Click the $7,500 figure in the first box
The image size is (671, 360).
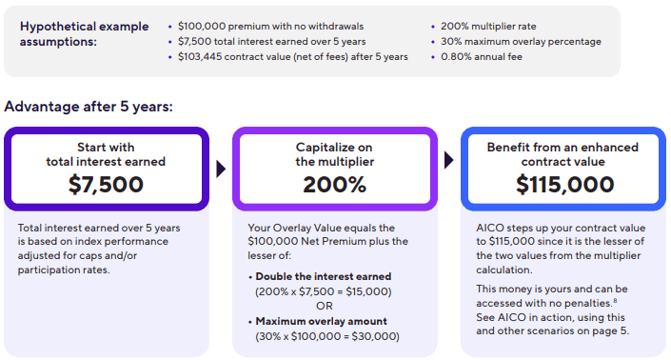[x=106, y=185]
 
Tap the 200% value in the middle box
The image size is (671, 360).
[x=334, y=185]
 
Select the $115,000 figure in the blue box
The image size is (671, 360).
[x=562, y=185]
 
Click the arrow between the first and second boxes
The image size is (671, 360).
[x=221, y=169]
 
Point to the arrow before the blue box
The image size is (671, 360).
[x=449, y=169]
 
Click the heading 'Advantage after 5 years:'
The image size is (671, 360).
[x=89, y=106]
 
